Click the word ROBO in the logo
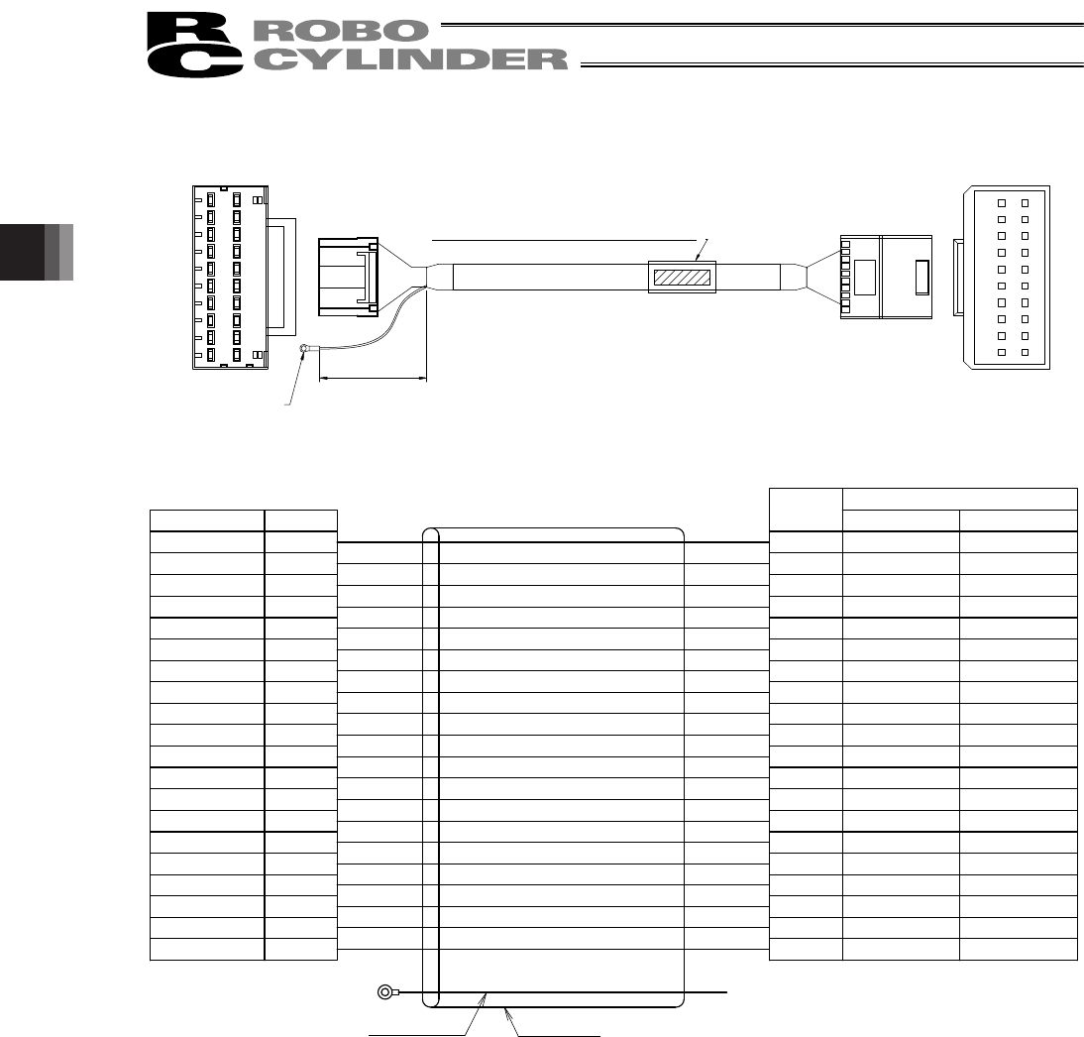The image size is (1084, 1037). point(340,31)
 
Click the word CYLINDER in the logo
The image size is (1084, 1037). point(410,59)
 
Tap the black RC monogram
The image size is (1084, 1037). point(194,45)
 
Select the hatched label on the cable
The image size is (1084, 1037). point(682,278)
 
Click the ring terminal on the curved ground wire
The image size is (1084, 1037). point(304,349)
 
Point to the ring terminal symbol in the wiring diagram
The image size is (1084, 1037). point(385,992)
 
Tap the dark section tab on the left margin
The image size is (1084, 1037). point(37,252)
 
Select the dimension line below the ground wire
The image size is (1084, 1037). point(374,379)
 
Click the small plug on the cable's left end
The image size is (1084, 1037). point(348,277)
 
